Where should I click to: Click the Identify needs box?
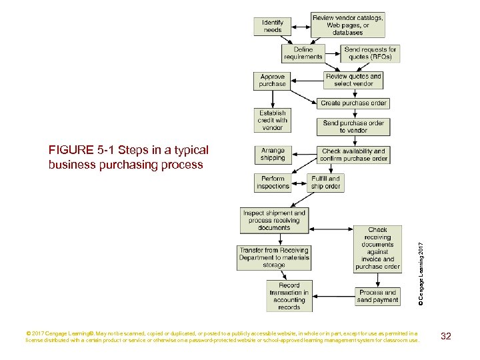click(273, 26)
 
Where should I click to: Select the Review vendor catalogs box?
click(347, 25)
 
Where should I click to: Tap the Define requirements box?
click(303, 53)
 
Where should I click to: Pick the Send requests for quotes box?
click(371, 53)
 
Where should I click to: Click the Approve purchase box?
click(273, 81)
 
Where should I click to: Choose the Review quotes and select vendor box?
click(353, 80)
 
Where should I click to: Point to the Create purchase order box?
click(353, 103)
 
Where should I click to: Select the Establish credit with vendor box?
click(273, 121)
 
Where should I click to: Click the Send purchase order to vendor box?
click(353, 127)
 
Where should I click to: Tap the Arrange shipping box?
click(273, 155)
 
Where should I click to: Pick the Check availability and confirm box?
click(353, 155)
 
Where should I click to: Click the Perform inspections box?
click(273, 183)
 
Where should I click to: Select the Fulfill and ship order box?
click(325, 183)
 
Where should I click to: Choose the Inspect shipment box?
click(275, 221)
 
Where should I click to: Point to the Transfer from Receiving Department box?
click(274, 257)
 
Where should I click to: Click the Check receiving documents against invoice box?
click(377, 249)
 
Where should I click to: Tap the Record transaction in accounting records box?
click(289, 296)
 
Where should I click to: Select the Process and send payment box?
click(377, 296)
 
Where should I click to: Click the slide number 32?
click(446, 336)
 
